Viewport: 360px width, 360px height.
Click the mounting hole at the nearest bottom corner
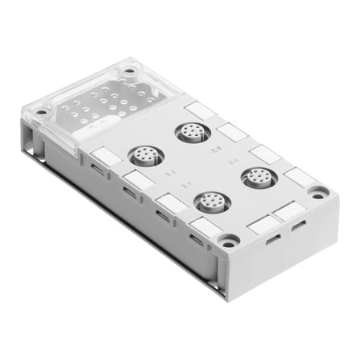click(x=230, y=239)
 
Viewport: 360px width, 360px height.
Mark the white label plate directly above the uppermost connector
click(x=196, y=109)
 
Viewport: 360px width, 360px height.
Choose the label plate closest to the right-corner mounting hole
click(x=295, y=177)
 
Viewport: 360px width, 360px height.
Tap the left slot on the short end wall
click(x=273, y=238)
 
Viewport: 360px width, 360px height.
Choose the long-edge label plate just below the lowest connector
click(x=201, y=226)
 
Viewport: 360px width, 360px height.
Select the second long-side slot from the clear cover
click(x=128, y=192)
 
